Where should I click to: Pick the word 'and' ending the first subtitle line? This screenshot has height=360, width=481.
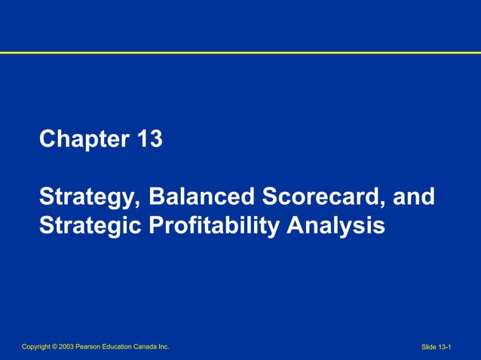(414, 197)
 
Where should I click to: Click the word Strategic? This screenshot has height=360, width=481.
(85, 225)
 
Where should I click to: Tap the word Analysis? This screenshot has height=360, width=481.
(337, 225)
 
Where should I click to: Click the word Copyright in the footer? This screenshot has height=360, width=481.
(37, 346)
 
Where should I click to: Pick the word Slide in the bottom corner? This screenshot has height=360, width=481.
(428, 347)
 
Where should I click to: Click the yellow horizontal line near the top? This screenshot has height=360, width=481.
(240, 53)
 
